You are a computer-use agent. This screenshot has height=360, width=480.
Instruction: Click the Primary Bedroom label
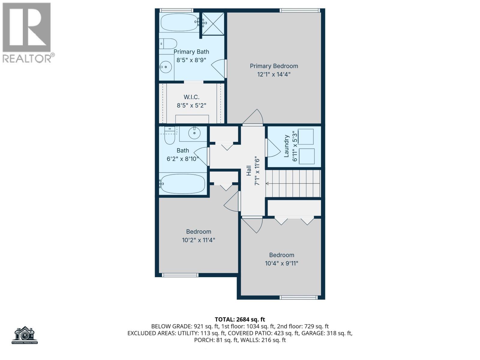[x=274, y=66]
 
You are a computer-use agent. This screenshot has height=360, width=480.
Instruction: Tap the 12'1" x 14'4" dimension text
[x=274, y=74]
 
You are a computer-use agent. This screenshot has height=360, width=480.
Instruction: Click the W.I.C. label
[x=191, y=97]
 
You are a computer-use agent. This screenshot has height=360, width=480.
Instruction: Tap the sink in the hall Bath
[x=194, y=133]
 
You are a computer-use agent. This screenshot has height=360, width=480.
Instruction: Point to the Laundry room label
[x=286, y=146]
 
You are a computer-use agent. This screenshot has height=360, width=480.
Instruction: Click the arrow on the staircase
[x=268, y=183]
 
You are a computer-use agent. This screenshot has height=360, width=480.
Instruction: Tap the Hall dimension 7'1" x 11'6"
[x=257, y=170]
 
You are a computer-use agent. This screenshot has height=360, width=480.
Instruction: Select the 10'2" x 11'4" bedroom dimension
[x=199, y=240]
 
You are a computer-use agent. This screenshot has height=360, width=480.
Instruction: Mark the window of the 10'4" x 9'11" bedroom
[x=298, y=298]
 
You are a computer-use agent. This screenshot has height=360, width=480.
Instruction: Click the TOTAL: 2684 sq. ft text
[x=240, y=319]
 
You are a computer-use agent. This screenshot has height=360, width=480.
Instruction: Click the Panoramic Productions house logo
[x=25, y=335]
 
